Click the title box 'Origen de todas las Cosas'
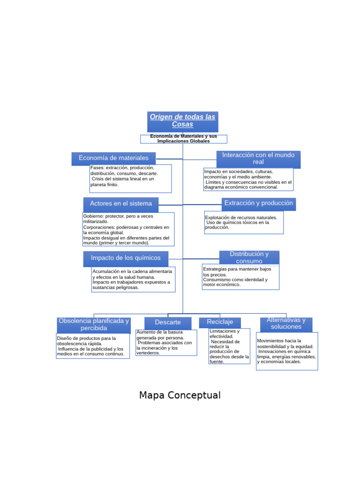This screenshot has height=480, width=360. (x=182, y=121)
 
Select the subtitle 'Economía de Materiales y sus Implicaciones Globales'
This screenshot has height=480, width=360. (x=183, y=139)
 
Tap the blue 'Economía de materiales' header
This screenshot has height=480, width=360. (x=113, y=158)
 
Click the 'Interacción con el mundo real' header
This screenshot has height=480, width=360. (x=258, y=158)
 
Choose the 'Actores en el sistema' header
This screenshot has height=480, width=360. (x=121, y=204)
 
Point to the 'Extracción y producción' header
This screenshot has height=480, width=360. (x=258, y=203)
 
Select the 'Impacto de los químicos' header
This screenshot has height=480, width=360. (x=126, y=258)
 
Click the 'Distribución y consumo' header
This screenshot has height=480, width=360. (x=249, y=257)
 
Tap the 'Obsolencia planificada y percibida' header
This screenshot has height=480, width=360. (x=94, y=324)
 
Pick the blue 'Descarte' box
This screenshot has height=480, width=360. (x=168, y=322)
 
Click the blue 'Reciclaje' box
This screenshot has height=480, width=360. (x=220, y=322)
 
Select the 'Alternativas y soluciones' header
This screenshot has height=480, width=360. (x=286, y=323)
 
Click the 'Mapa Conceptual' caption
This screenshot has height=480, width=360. (x=180, y=395)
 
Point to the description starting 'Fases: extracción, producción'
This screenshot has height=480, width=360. (x=130, y=178)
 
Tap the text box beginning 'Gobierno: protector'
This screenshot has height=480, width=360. (x=128, y=229)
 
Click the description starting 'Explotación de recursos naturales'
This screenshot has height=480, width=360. (x=244, y=222)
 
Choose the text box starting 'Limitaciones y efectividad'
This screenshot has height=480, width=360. (x=229, y=346)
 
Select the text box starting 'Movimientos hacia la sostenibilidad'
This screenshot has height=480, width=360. (x=287, y=351)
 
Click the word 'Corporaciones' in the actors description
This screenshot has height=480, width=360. (x=99, y=227)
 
